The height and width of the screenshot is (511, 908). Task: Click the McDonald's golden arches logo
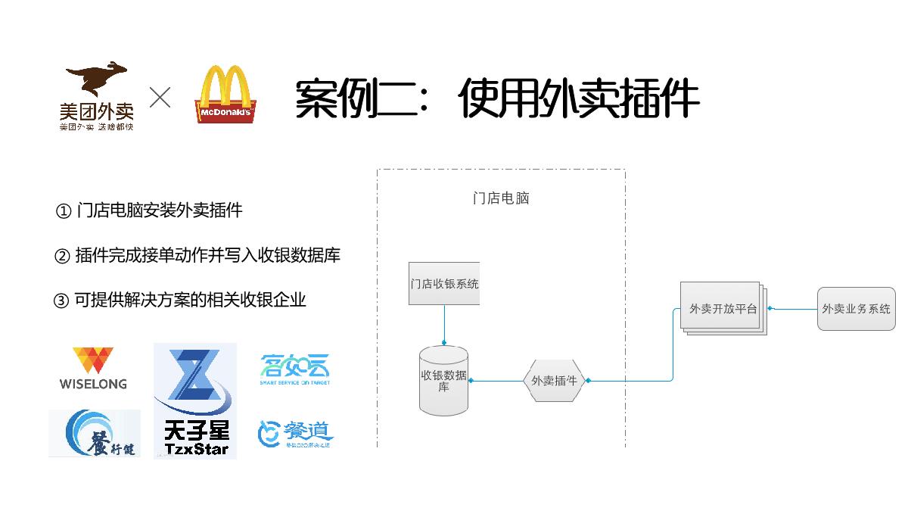click(x=225, y=95)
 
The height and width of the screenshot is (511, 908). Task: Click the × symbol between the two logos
click(x=160, y=97)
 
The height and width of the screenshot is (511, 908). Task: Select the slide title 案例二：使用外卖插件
click(x=496, y=98)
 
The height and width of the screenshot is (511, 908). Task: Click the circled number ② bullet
click(x=62, y=256)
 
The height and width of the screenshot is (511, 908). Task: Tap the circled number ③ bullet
click(x=61, y=301)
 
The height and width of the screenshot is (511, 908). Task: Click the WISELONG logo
click(x=93, y=369)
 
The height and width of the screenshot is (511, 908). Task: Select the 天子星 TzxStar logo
click(x=195, y=401)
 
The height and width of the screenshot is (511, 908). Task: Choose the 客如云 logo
click(x=295, y=369)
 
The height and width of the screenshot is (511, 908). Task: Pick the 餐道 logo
click(x=295, y=435)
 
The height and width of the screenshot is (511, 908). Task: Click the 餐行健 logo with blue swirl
click(x=95, y=434)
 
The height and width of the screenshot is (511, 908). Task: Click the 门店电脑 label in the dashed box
click(x=501, y=198)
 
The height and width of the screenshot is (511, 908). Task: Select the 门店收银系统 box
click(x=444, y=284)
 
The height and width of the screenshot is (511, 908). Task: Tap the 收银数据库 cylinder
click(x=444, y=380)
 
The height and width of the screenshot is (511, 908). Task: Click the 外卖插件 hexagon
click(x=555, y=381)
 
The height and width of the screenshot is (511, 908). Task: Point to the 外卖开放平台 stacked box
click(x=723, y=308)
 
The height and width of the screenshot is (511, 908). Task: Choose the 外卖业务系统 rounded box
click(x=857, y=309)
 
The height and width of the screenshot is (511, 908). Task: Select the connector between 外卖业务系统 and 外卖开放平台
click(x=793, y=309)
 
